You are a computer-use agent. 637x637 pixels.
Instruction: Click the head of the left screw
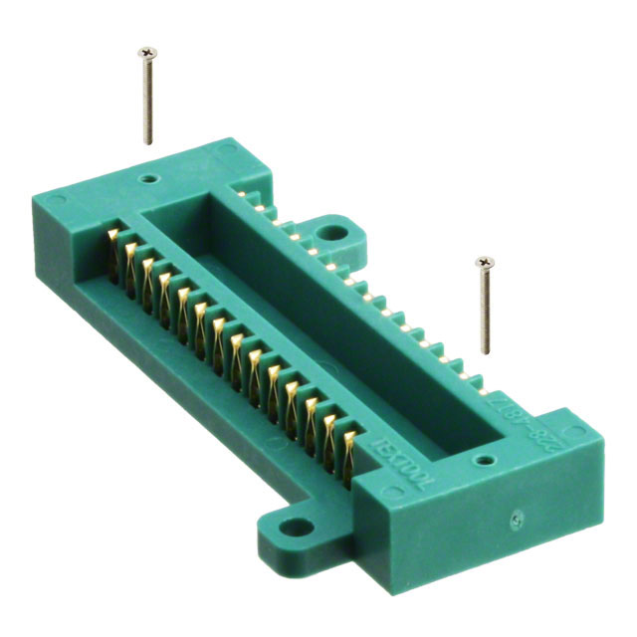tap(147, 52)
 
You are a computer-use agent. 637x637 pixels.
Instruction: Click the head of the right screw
tap(485, 263)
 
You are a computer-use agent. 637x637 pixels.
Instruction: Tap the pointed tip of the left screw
tap(149, 142)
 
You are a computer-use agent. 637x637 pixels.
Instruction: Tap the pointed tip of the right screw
tap(486, 351)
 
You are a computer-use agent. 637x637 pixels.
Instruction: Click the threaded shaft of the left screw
tap(148, 100)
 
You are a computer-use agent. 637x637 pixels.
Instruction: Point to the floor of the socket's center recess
tap(299, 299)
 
